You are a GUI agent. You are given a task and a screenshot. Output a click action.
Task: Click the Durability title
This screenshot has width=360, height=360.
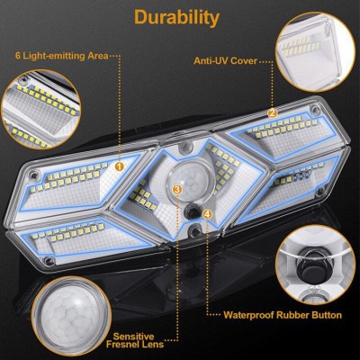tap(177, 18)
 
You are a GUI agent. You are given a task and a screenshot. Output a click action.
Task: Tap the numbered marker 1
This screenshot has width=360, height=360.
tap(120, 166)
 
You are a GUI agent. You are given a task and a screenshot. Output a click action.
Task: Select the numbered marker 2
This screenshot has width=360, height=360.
tap(273, 113)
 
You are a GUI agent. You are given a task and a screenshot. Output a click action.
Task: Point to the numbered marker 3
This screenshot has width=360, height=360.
tap(177, 189)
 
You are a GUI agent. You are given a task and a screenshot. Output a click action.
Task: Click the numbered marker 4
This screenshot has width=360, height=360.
tap(208, 214)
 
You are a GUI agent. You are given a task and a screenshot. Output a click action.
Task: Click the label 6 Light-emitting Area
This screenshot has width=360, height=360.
tap(61, 56)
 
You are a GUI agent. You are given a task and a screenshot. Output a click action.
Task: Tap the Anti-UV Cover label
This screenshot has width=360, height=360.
tap(225, 61)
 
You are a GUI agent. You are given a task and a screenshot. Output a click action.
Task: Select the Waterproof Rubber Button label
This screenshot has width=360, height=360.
tap(283, 315)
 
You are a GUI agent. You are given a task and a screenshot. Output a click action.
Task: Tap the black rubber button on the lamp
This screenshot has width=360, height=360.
tap(192, 211)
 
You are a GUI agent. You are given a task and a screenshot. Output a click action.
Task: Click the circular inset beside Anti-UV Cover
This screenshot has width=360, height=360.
tap(316, 51)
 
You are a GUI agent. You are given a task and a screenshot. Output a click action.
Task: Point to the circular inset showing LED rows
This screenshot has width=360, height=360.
tap(40, 109)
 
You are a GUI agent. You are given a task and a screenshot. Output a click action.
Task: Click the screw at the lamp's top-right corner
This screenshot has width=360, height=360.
tap(315, 109)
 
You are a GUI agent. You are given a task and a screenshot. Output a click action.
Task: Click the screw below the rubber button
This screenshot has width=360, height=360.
tap(194, 230)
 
